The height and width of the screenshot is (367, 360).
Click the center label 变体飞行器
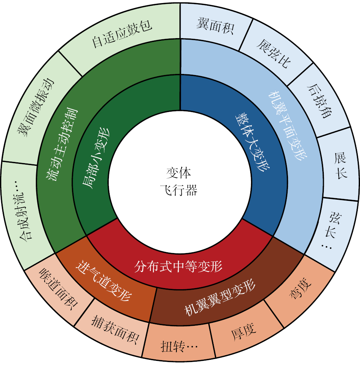coord(179,182)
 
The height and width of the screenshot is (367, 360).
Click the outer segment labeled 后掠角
coord(319,101)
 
